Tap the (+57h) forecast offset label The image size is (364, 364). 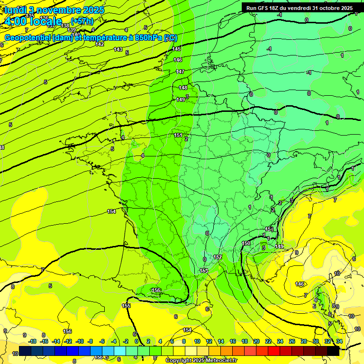(82, 21)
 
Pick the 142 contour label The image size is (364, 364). (100, 44)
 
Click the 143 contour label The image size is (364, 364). (118, 49)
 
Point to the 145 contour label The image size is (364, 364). (176, 49)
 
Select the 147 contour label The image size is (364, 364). (180, 72)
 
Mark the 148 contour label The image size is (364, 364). (183, 88)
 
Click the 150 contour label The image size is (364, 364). (246, 243)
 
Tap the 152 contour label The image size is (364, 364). (218, 257)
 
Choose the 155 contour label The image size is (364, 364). (126, 306)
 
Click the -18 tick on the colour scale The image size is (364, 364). (33, 341)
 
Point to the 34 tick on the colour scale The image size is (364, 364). (339, 341)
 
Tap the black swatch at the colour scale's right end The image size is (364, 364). (333, 351)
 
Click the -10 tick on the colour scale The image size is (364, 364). (80, 341)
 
